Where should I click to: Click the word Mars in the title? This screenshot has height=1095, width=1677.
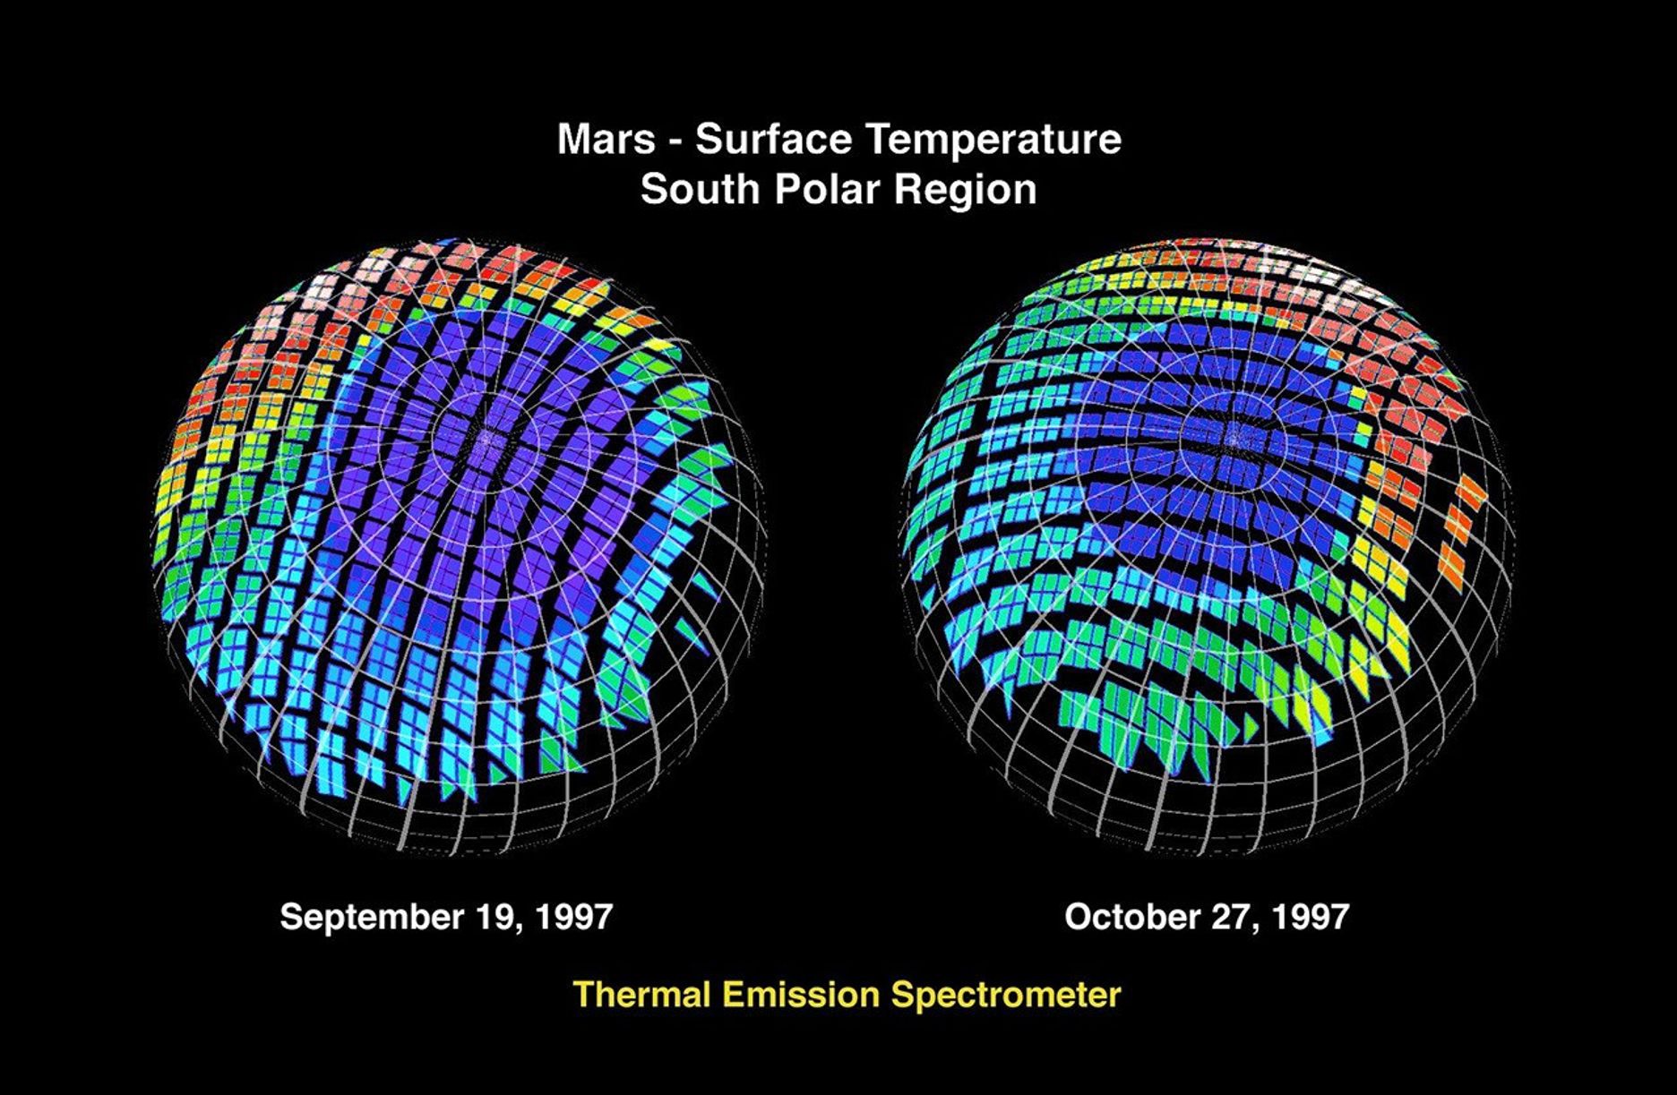tap(604, 140)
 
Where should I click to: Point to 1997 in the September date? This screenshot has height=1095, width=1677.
tap(571, 917)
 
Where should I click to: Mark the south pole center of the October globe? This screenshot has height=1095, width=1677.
tap(1233, 437)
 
